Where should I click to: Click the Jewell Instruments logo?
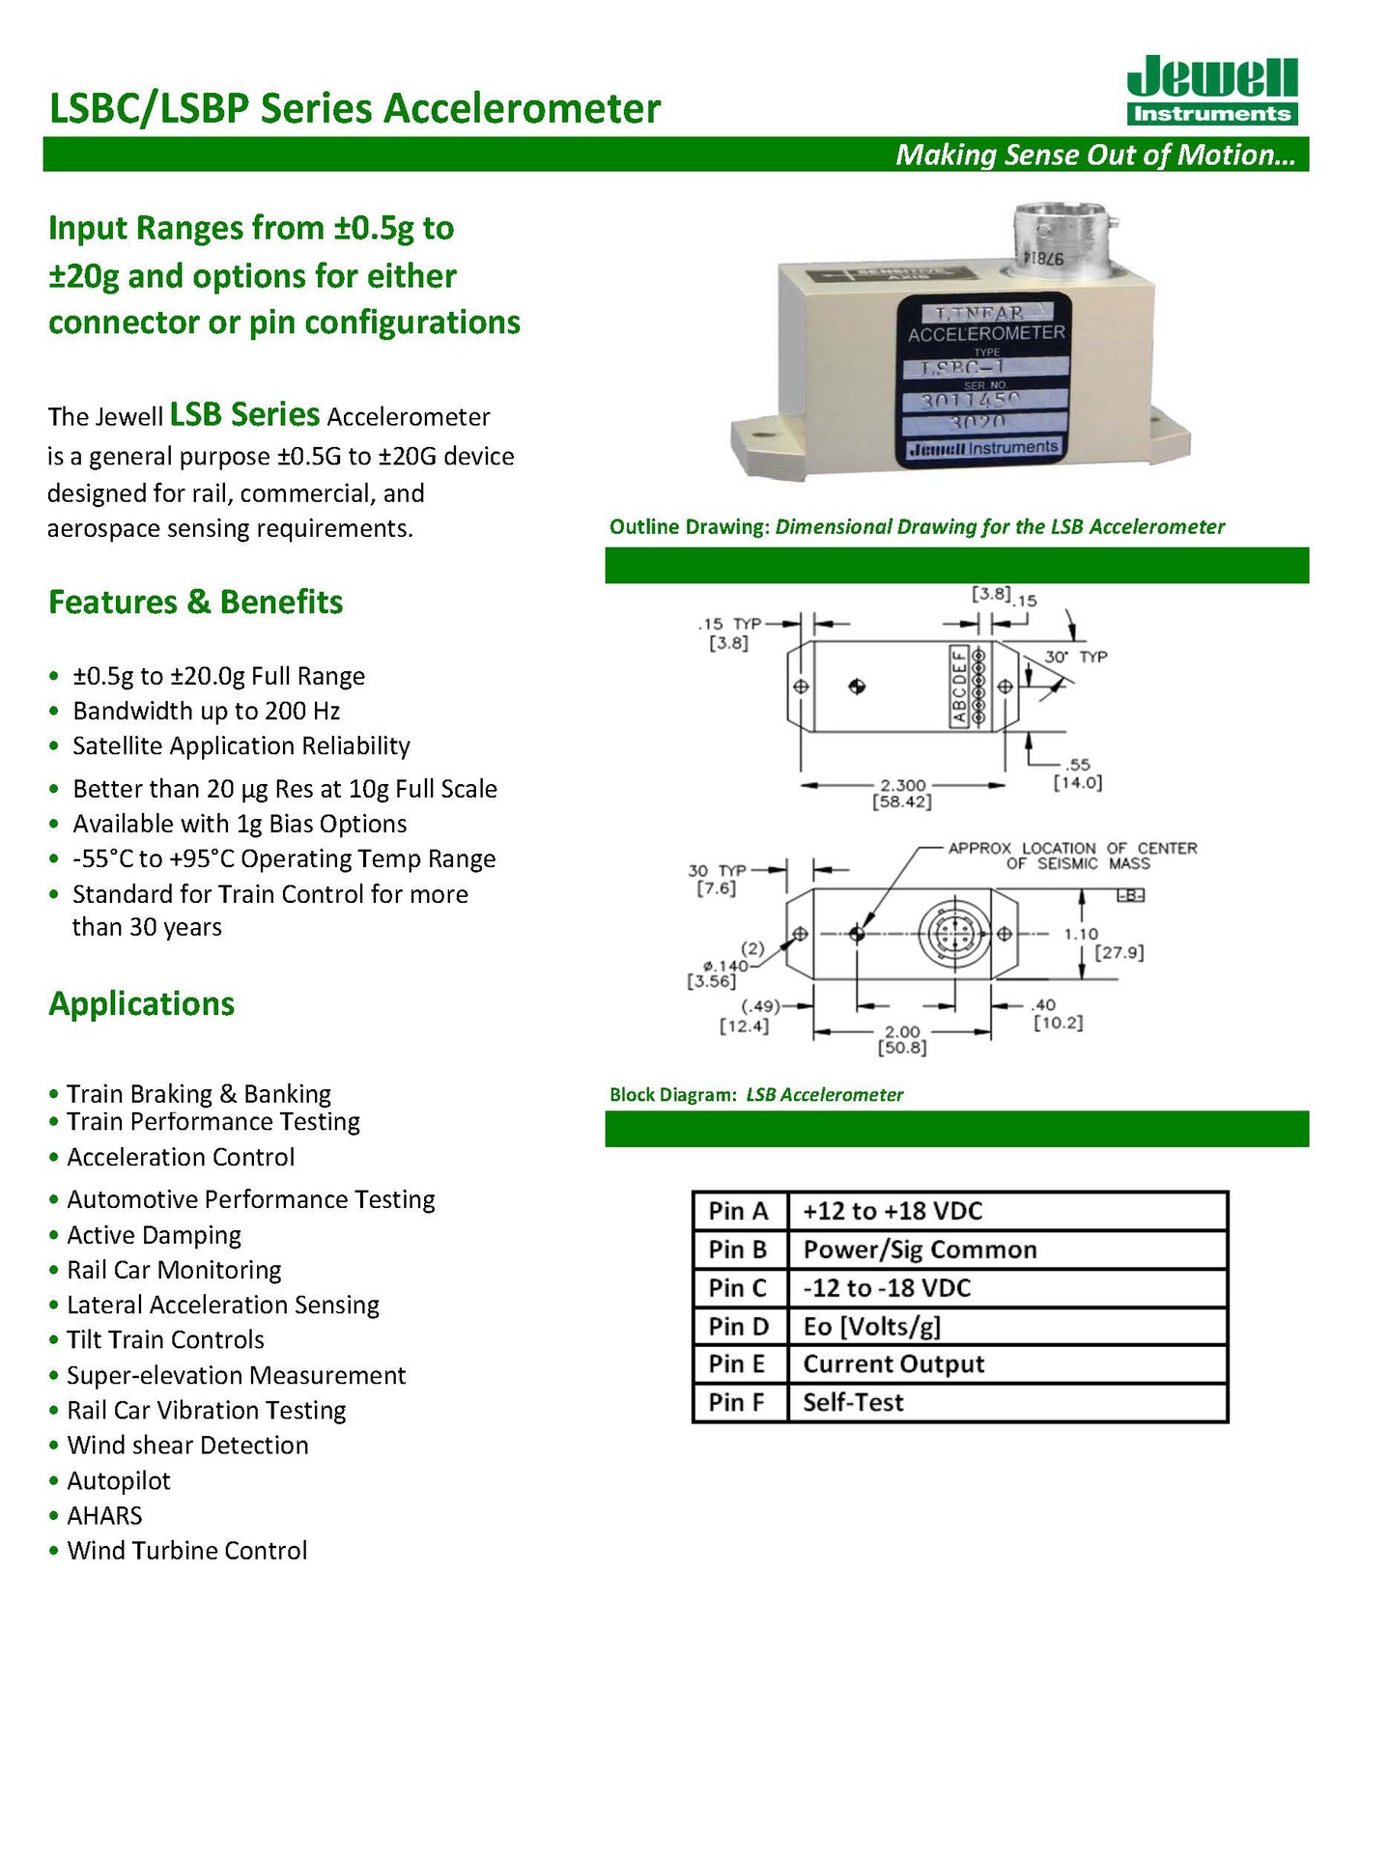pos(1211,90)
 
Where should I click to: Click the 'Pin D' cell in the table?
pos(739,1326)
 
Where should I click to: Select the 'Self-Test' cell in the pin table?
pos(853,1402)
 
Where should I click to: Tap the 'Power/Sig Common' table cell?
pos(920,1250)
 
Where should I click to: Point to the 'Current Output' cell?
pos(893,1363)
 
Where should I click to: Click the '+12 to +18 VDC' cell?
pos(892,1211)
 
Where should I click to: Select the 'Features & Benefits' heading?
pos(195,602)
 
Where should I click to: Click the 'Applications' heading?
pos(141,1003)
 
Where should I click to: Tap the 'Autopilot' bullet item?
pos(118,1480)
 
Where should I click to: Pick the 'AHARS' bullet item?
pos(104,1515)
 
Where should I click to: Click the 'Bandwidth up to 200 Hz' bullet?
pos(206,711)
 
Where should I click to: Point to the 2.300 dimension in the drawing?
pos(902,785)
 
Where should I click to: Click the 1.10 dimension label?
pos(1081,934)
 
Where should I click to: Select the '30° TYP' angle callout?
pos(1075,657)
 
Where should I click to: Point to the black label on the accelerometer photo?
pos(984,380)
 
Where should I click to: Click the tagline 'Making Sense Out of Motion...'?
pos(1094,154)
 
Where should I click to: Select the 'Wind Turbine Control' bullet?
pos(186,1550)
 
